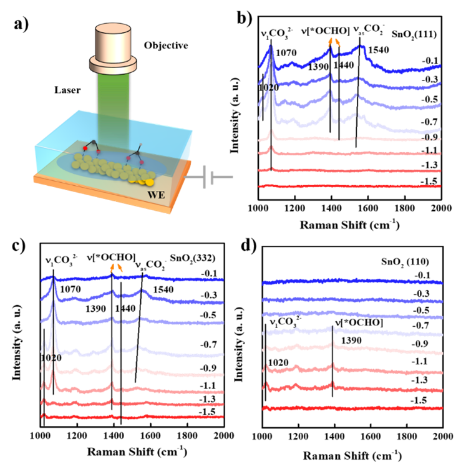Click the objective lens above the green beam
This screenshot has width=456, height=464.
113,41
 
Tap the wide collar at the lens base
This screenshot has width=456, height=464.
113,64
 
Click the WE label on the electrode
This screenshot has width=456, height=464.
155,195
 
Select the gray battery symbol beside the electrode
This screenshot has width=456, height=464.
209,177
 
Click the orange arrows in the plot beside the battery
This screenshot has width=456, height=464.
335,42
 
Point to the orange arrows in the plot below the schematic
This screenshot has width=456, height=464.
115,268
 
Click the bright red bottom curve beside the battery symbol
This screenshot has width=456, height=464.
349,185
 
